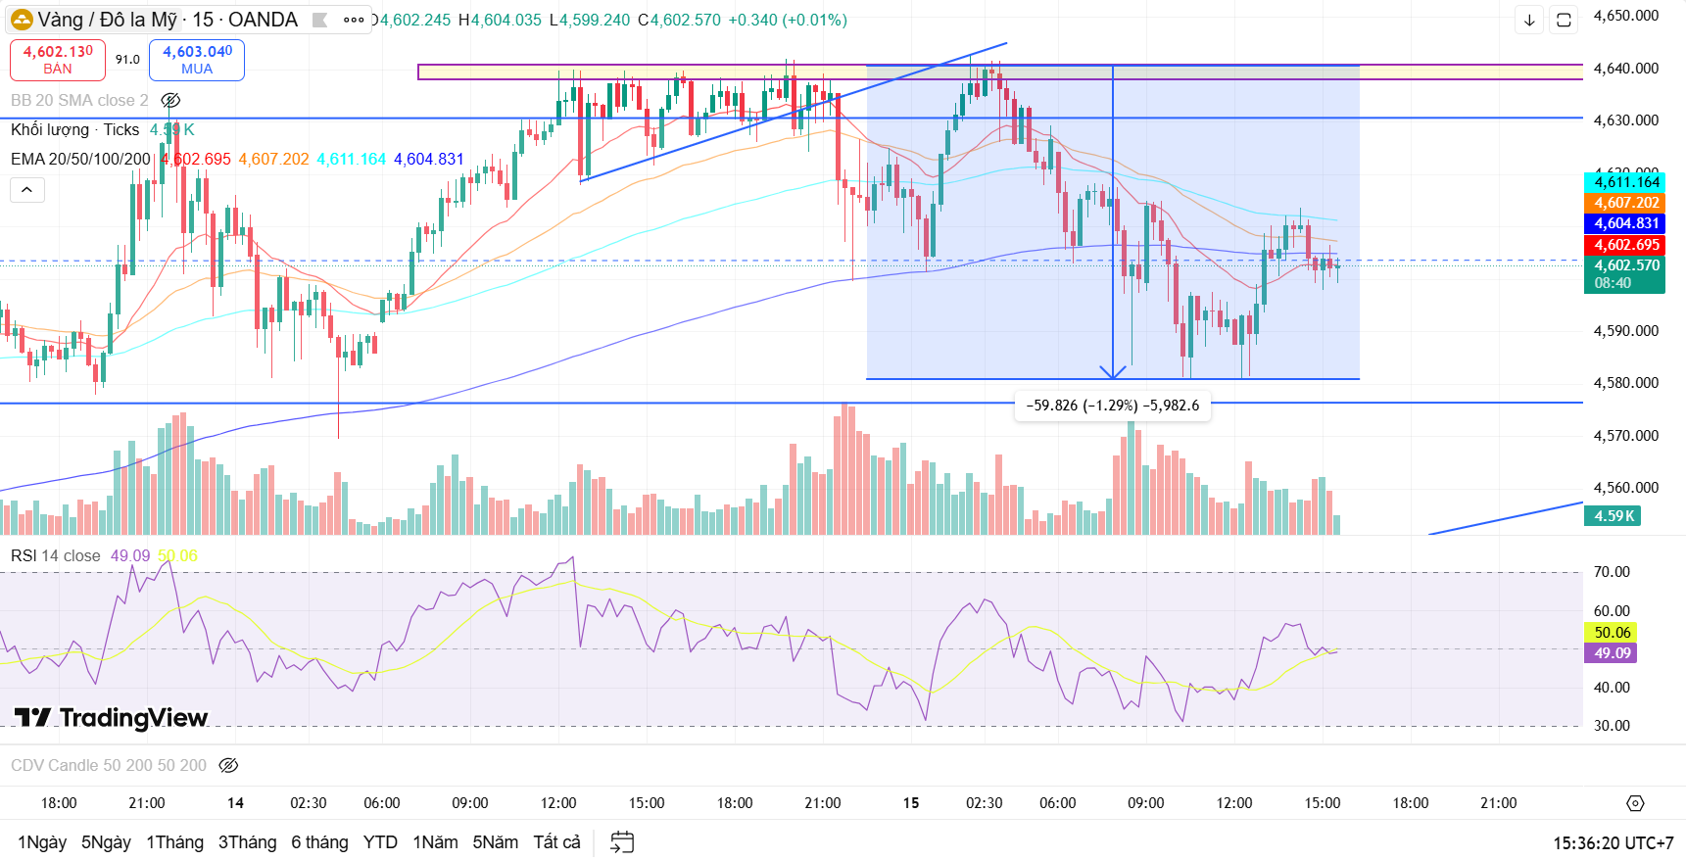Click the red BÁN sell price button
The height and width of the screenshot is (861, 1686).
click(58, 60)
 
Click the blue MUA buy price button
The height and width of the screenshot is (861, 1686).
click(197, 60)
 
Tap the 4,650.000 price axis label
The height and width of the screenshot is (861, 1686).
click(1625, 16)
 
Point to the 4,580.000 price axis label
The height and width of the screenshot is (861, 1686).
click(1625, 383)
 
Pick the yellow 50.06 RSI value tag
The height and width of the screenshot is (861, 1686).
click(1612, 633)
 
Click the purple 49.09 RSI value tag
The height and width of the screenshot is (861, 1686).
click(1612, 653)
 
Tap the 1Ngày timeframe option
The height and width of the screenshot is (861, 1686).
click(42, 842)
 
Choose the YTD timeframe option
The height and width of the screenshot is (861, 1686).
click(380, 842)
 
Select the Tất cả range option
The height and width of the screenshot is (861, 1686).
click(556, 842)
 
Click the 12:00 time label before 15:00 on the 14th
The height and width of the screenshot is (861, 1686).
click(558, 803)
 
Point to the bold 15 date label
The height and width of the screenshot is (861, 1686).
click(911, 803)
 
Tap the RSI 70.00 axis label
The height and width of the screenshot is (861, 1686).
click(1612, 572)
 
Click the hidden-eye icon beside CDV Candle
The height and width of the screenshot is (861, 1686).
click(228, 765)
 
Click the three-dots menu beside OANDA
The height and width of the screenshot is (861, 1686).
click(354, 20)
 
